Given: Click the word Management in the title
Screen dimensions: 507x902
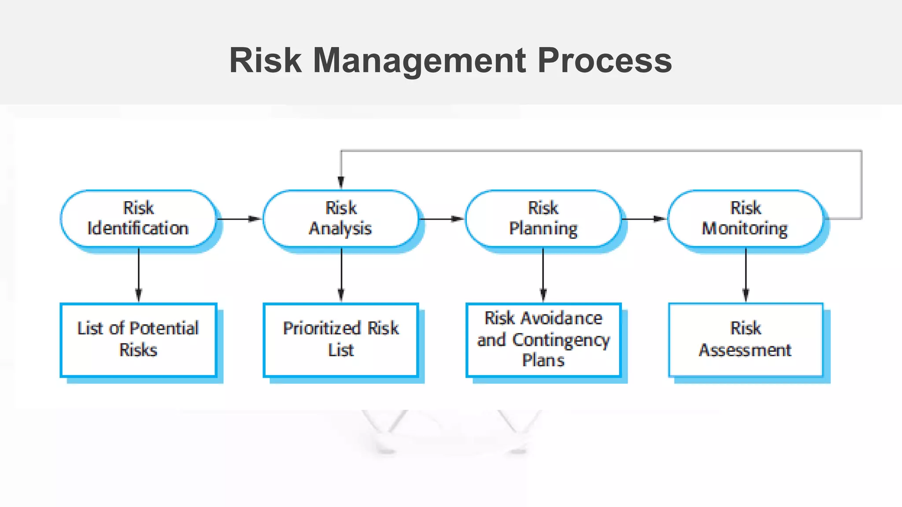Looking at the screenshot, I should coord(419,61).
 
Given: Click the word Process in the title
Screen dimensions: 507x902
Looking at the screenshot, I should coord(605,61).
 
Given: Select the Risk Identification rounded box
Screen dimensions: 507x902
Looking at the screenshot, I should coord(138,218).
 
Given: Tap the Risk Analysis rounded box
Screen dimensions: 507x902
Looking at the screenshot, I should coord(340,218).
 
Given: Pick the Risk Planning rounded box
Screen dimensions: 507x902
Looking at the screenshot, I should coord(543,218).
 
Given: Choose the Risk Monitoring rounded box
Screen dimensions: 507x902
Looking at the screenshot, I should coord(745,218).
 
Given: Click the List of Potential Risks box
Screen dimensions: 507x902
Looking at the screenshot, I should coord(138,339).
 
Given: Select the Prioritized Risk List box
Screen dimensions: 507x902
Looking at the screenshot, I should coord(340,339).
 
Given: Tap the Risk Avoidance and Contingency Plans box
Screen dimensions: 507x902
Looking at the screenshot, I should coord(543,339).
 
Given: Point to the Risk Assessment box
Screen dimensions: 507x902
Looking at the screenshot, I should coord(745,339).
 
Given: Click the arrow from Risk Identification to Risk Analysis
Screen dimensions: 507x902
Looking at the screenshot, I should coord(240,219).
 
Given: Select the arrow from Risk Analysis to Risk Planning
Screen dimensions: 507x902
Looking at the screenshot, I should coord(442,219).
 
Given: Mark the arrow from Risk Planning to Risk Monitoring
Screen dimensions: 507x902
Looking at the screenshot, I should coord(644,219).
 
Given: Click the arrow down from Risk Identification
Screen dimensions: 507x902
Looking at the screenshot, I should coord(139,275).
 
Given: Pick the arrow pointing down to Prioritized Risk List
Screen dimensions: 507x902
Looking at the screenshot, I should coord(341,275).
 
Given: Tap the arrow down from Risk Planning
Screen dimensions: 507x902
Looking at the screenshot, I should coord(543,275).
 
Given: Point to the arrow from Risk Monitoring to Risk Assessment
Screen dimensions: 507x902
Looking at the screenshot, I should coord(746,275).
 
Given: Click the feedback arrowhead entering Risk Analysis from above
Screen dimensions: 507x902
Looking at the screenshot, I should coord(341,182).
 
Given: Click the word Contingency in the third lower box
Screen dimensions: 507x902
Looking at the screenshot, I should coord(561,340).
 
